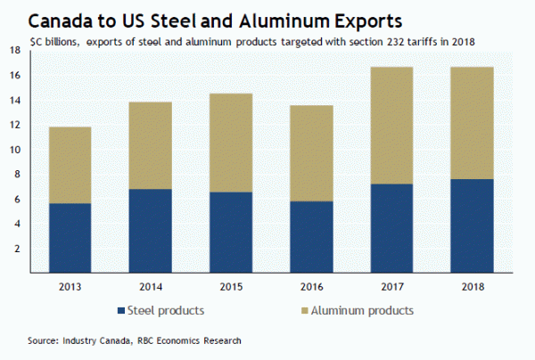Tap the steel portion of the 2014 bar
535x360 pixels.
tap(150, 230)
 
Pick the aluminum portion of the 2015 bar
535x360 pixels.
tap(228, 143)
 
